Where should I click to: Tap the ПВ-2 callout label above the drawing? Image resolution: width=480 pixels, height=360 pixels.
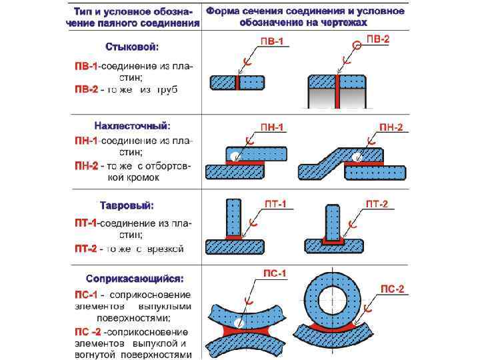tap(377, 40)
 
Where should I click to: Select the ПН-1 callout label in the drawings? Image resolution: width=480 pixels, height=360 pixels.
tap(271, 127)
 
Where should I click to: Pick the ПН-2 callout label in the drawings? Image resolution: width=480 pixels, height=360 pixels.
tap(391, 127)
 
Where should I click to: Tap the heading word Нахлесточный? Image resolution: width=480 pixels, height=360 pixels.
tap(132, 125)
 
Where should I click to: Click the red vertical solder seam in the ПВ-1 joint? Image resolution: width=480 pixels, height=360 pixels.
tap(237, 82)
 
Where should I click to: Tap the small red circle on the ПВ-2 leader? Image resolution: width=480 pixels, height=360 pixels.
tap(357, 45)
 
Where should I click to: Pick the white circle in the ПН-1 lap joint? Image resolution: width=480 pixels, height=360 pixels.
tap(234, 157)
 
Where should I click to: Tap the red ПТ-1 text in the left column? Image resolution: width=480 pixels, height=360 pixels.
tap(86, 222)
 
